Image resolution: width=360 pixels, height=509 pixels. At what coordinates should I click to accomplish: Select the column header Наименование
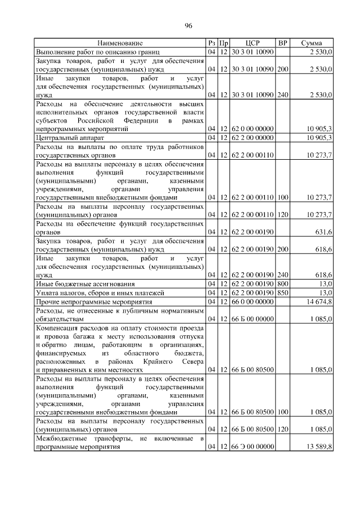pyautogui.click(x=120, y=43)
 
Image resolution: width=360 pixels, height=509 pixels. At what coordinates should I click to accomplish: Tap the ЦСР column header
pyautogui.click(x=253, y=43)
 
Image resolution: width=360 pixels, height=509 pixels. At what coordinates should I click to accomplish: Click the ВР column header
pyautogui.click(x=283, y=43)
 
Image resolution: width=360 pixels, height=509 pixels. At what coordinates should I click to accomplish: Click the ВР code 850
pyautogui.click(x=283, y=293)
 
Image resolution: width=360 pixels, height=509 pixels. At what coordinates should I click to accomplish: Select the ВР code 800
pyautogui.click(x=283, y=284)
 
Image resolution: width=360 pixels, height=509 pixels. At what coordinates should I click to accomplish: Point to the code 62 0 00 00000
pyautogui.click(x=253, y=129)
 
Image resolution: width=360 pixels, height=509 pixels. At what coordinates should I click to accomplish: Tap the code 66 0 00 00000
pyautogui.click(x=253, y=301)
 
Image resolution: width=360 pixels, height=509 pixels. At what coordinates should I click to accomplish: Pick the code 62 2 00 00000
pyautogui.click(x=253, y=137)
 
